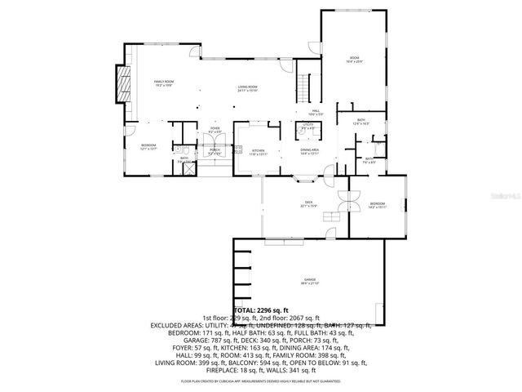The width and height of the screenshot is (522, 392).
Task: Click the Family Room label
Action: tap(166, 83)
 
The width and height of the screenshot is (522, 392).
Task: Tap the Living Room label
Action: tap(248, 88)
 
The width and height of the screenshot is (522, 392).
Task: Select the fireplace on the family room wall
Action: tap(122, 85)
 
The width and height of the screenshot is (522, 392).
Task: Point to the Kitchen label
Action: tap(259, 151)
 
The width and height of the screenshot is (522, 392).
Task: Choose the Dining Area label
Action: tap(308, 151)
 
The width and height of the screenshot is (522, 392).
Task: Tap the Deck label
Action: tap(308, 203)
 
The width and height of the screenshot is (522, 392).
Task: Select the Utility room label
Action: tap(307, 127)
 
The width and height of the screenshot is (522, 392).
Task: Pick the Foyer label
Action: tap(215, 130)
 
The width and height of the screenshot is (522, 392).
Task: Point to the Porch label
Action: tap(215, 151)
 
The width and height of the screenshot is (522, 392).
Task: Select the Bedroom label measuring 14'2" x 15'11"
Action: tap(377, 204)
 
